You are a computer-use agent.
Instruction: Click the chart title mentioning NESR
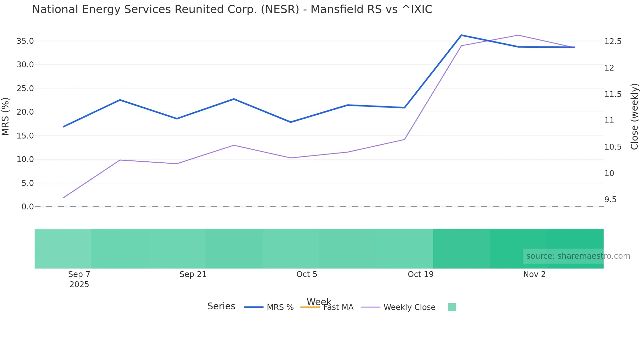pyautogui.click(x=232, y=9)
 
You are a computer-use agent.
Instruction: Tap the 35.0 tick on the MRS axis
pyautogui.click(x=25, y=41)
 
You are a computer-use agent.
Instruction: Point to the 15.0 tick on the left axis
pyautogui.click(x=25, y=136)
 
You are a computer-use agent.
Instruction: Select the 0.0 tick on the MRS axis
pyautogui.click(x=27, y=207)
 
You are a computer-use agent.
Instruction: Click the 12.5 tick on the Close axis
pyautogui.click(x=613, y=41)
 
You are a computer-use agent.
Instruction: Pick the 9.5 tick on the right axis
pyautogui.click(x=610, y=200)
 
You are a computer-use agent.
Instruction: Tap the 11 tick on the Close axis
pyautogui.click(x=609, y=121)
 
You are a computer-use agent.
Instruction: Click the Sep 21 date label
pyautogui.click(x=193, y=274)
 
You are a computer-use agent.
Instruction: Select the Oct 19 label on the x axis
pyautogui.click(x=421, y=274)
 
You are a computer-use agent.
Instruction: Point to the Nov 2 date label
pyautogui.click(x=534, y=274)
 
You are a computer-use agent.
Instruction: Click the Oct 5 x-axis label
pyautogui.click(x=307, y=274)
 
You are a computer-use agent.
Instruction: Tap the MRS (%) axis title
pyautogui.click(x=6, y=116)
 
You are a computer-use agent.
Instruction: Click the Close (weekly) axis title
pyautogui.click(x=634, y=116)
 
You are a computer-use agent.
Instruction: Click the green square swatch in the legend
pyautogui.click(x=452, y=307)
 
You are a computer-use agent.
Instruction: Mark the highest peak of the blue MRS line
pyautogui.click(x=461, y=35)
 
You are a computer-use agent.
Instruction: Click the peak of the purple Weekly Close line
pyautogui.click(x=518, y=35)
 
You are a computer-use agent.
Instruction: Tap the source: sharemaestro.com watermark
pyautogui.click(x=578, y=256)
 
